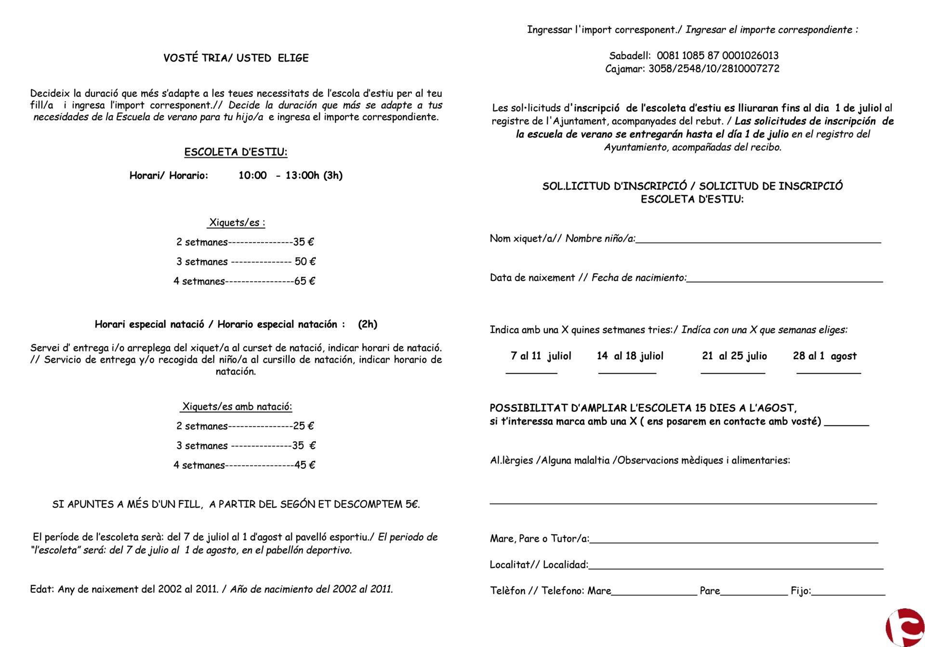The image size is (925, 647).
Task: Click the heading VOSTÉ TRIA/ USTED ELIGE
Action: [236, 58]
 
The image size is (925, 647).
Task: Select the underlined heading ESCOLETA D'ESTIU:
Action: [236, 152]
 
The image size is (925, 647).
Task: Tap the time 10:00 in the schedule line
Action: [252, 175]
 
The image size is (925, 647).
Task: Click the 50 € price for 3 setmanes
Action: [305, 261]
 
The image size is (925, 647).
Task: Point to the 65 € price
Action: [304, 281]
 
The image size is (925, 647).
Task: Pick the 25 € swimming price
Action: [304, 426]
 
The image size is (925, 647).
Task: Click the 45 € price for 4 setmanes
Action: [304, 465]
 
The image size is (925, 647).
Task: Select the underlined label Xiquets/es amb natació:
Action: [237, 407]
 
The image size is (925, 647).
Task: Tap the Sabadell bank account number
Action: [717, 56]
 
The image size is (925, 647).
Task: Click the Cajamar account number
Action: [714, 69]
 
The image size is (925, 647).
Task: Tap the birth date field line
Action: [784, 279]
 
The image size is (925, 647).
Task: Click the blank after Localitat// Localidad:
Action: [736, 566]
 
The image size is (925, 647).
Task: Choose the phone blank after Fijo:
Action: [848, 592]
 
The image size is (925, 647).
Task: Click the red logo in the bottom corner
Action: [906, 628]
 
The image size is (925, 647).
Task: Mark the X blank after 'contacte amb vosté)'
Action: [846, 423]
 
